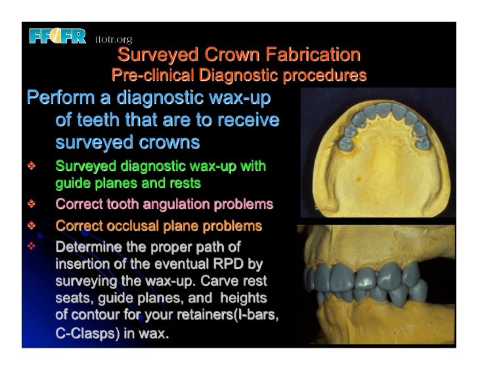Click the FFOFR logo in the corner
point(57,37)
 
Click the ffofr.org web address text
point(114,39)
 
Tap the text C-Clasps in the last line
point(85,333)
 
